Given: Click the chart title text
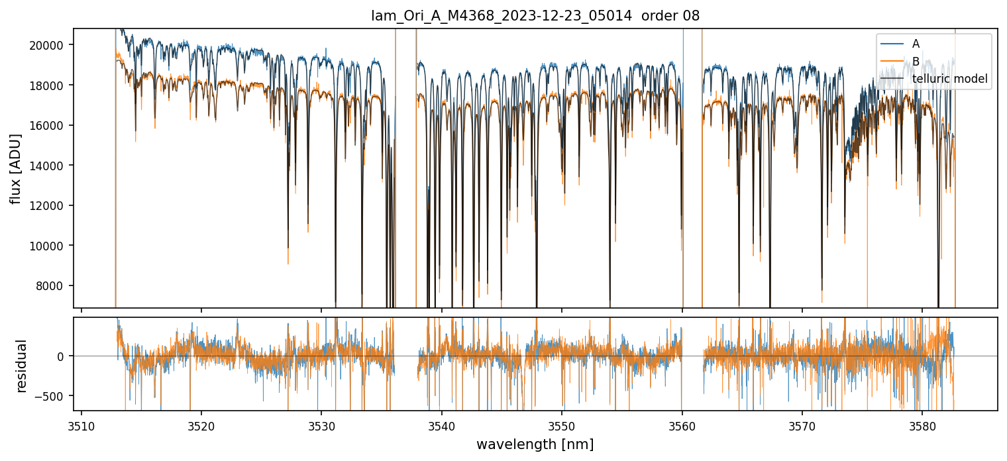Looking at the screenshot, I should tap(535, 16).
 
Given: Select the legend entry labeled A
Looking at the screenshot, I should tap(916, 44).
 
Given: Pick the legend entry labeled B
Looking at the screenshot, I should tap(916, 62).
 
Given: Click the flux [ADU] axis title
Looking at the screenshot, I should tap(15, 168).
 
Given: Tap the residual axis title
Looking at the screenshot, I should tap(22, 366).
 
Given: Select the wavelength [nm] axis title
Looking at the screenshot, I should tap(535, 444).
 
